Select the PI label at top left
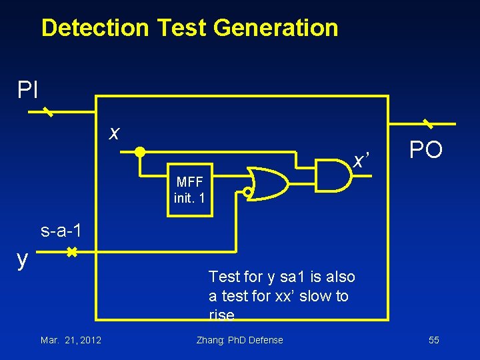tap(28, 89)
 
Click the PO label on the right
tap(426, 150)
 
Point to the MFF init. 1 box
tap(189, 190)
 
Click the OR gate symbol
tap(266, 183)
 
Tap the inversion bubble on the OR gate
tap(247, 193)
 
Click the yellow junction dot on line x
tap(140, 151)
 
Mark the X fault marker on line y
tap(71, 253)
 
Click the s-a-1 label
tap(61, 231)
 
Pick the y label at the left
tap(22, 259)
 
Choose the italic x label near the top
tap(115, 133)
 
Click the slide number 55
tap(433, 340)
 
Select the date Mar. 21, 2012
tap(71, 340)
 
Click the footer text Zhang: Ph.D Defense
tap(239, 340)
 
